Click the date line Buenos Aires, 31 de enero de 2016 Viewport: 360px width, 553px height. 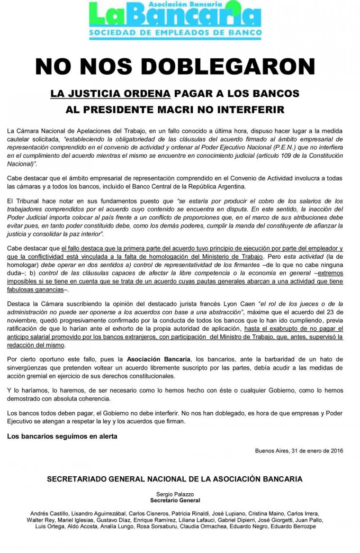click(x=299, y=451)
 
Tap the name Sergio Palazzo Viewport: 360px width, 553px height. click(x=175, y=493)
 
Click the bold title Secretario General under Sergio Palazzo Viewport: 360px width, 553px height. click(x=175, y=500)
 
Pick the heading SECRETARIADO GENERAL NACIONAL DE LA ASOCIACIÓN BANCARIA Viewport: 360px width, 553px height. click(x=175, y=479)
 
